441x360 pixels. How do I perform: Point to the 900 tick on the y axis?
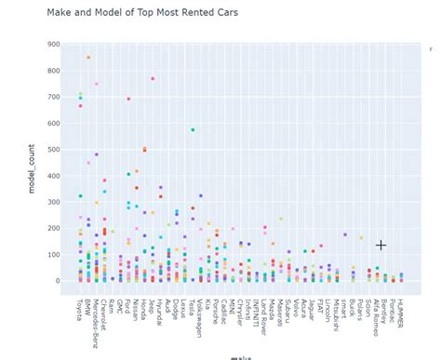point(53,44)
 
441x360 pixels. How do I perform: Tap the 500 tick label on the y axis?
point(53,149)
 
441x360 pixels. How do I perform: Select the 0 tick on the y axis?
point(58,281)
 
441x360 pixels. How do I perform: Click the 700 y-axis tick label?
point(53,97)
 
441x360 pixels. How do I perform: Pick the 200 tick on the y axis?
point(53,228)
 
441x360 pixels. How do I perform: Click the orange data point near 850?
point(88,58)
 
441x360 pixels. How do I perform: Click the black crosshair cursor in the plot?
point(381,245)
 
